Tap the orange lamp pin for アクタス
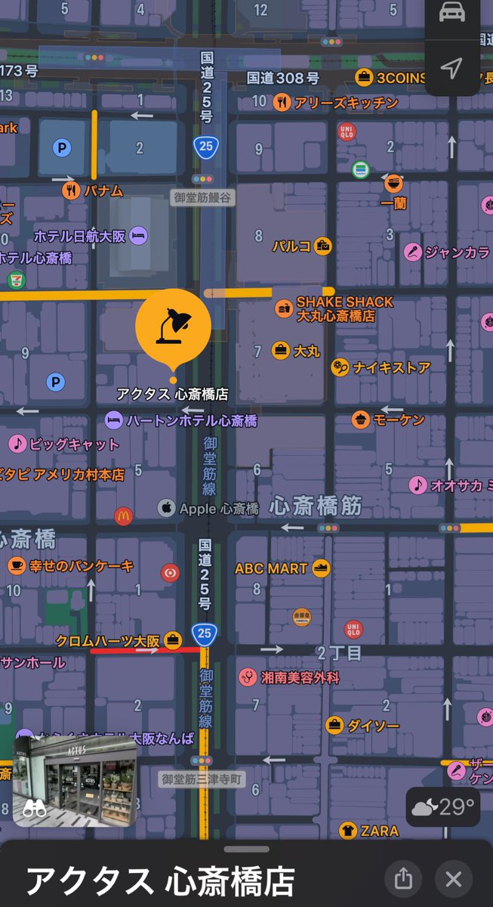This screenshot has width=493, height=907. click(173, 326)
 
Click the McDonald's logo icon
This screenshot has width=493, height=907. click(123, 516)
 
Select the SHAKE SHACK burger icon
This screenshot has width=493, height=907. click(285, 308)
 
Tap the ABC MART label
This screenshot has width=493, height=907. click(271, 568)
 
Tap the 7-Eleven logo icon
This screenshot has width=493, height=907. click(14, 280)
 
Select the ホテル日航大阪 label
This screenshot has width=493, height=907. click(79, 236)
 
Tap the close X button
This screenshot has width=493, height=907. click(453, 879)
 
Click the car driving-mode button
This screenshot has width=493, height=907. click(451, 14)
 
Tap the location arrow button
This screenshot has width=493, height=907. click(451, 69)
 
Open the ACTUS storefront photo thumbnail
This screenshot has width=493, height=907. click(75, 780)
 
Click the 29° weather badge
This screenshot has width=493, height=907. click(444, 808)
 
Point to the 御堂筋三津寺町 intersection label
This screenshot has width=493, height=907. click(202, 779)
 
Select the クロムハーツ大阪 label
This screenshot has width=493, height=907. click(109, 641)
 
